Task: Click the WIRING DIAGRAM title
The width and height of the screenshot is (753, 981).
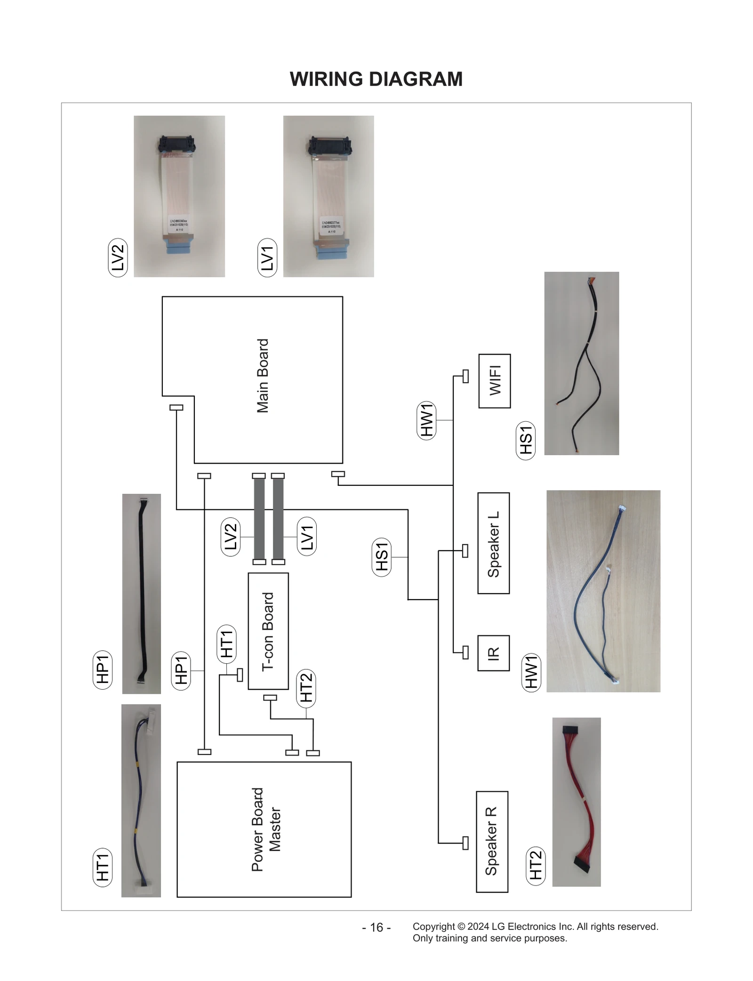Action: click(x=376, y=79)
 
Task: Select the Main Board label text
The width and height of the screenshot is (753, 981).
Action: click(x=263, y=376)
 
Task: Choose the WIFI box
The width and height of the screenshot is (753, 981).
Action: click(x=494, y=381)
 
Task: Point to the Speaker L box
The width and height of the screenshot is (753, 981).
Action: click(x=493, y=543)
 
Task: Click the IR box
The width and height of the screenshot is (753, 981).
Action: click(x=493, y=653)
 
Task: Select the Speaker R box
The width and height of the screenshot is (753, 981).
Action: click(x=492, y=841)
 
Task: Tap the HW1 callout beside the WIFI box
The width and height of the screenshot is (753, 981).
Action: click(x=426, y=420)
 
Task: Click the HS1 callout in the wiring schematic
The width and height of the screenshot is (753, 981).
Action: click(x=381, y=557)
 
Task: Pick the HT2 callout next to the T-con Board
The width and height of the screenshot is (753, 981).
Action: click(x=306, y=688)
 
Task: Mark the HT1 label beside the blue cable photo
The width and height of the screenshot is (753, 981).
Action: click(x=103, y=867)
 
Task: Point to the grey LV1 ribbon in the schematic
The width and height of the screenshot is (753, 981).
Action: click(x=278, y=519)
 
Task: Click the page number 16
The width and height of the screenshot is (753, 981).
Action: click(x=376, y=927)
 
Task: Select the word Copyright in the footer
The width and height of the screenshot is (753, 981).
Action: click(x=433, y=926)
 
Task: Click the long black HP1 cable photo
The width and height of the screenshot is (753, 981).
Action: click(x=142, y=593)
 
